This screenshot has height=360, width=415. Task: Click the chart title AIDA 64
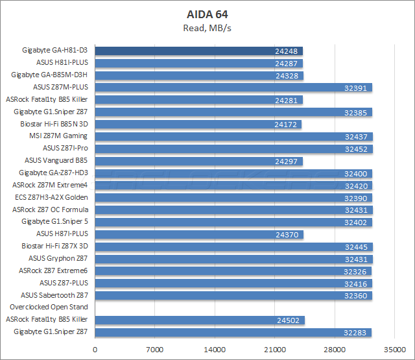pyautogui.click(x=207, y=13)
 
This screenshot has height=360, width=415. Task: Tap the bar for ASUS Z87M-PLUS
pyautogui.click(x=233, y=88)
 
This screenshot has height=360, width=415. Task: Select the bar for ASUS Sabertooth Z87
pyautogui.click(x=233, y=295)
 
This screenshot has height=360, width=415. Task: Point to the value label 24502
pyautogui.click(x=287, y=320)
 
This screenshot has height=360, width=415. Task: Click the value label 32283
pyautogui.click(x=355, y=332)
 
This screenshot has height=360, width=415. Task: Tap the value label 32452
pyautogui.click(x=357, y=149)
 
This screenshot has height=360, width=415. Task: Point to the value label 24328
pyautogui.click(x=287, y=75)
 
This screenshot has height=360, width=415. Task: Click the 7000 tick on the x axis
pyautogui.click(x=155, y=350)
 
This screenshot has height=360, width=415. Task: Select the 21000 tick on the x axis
pyautogui.click(x=274, y=350)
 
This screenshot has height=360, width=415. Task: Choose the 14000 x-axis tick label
pyautogui.click(x=215, y=350)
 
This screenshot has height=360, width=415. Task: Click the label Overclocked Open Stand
pyautogui.click(x=49, y=307)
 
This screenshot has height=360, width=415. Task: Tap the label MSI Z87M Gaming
pyautogui.click(x=58, y=136)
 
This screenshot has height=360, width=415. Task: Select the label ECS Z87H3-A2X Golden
pyautogui.click(x=50, y=197)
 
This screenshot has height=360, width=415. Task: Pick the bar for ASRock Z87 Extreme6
pyautogui.click(x=233, y=270)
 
